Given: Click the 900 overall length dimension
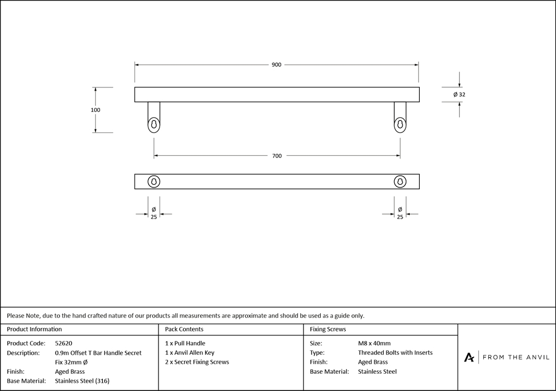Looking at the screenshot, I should click(x=276, y=65).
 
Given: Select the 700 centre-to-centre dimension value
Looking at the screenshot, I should click(x=276, y=156).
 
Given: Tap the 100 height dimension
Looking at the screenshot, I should click(x=96, y=110).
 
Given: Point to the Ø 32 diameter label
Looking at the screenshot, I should click(x=459, y=95).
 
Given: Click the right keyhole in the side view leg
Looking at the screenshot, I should click(x=400, y=123).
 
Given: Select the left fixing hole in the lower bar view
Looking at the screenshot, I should click(x=153, y=181).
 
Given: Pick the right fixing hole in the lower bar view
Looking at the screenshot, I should click(x=400, y=181).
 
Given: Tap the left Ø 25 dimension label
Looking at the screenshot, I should click(x=153, y=213).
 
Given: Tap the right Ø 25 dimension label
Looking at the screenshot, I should click(x=400, y=213).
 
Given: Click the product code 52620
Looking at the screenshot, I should click(x=64, y=343).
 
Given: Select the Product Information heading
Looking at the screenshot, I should click(x=34, y=329).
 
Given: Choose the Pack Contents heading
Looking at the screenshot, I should click(x=184, y=329).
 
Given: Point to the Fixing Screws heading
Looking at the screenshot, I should click(x=328, y=329).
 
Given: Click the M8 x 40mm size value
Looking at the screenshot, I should click(x=374, y=343).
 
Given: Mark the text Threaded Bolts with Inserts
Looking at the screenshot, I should click(x=395, y=353).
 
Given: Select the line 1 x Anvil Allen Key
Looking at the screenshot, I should click(x=190, y=353).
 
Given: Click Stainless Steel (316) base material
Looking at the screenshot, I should click(x=86, y=381).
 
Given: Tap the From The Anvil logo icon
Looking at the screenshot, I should click(x=469, y=357).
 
